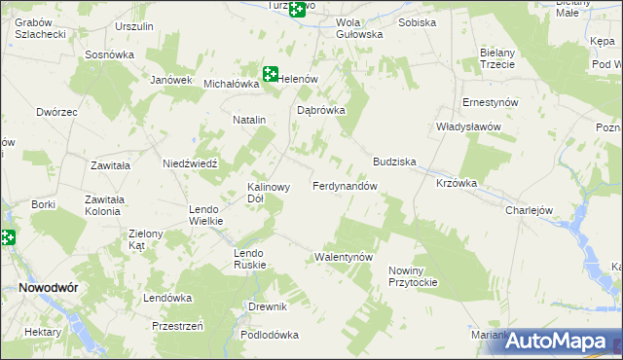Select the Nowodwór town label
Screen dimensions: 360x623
coord(48,288)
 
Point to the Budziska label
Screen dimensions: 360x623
coord(394,162)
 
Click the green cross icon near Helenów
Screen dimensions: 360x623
coord(271,73)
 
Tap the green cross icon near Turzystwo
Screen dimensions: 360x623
coord(296,10)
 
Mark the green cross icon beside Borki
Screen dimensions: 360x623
coord(6,236)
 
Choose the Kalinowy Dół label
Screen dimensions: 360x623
coord(269,192)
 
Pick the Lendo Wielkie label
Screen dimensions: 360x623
coord(206,215)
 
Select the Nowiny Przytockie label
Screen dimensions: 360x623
coord(413,275)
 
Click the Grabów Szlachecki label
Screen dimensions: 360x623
coord(40,27)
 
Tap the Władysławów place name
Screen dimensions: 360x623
coord(467,126)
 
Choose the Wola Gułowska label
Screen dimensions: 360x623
coord(359,27)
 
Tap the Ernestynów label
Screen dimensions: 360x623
coord(490,102)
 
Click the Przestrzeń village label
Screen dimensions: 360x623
coord(177,326)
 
